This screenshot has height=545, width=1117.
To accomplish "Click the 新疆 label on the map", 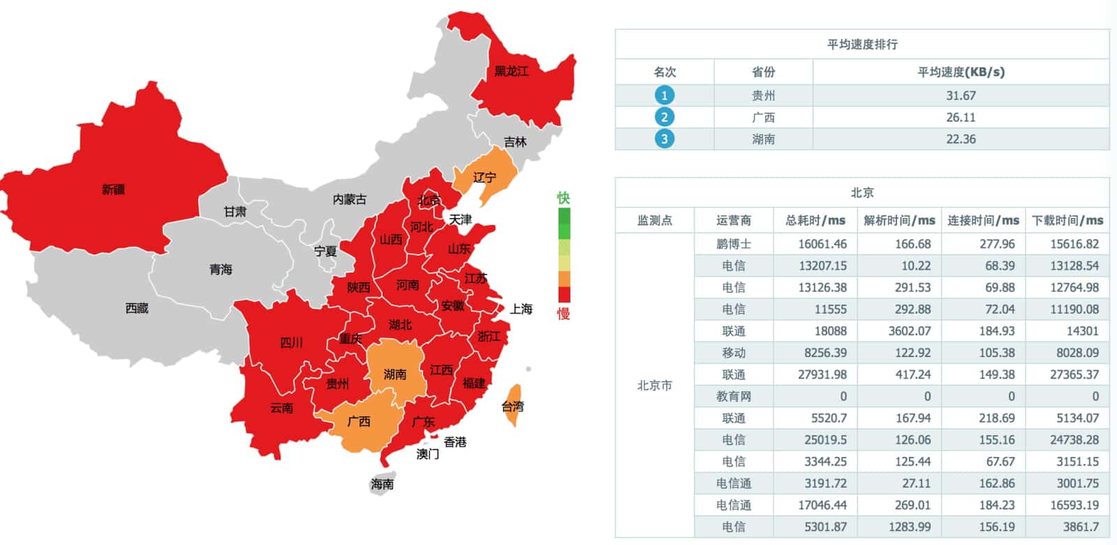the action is point(113,189).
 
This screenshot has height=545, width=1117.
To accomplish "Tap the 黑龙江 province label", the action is point(511,71).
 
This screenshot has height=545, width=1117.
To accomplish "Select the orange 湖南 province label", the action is point(394,375).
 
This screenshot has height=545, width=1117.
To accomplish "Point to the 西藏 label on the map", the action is point(137,308).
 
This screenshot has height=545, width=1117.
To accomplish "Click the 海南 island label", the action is point(382,484).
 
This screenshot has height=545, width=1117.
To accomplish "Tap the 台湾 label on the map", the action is point(512,407).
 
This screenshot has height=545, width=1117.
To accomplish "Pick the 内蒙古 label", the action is point(349,200).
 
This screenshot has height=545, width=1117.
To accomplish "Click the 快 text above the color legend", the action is point(563,198).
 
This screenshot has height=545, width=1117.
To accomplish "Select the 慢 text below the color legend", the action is point(563,314).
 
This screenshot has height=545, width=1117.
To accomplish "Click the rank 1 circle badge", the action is point(664,96).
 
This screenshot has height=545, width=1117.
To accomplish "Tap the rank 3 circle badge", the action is point(664,139).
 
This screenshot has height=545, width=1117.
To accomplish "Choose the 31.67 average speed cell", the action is point(961,96).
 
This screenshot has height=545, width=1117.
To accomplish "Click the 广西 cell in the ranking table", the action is point(763,117).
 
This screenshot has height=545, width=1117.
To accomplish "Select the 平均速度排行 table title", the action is point(862,45).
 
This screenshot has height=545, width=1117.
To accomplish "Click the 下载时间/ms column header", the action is point(1067,221).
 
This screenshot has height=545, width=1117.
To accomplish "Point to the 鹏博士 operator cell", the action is point(734,244).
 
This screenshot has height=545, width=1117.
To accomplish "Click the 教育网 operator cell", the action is point(734,396).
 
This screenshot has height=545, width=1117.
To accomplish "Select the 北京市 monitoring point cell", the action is point(655,386).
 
